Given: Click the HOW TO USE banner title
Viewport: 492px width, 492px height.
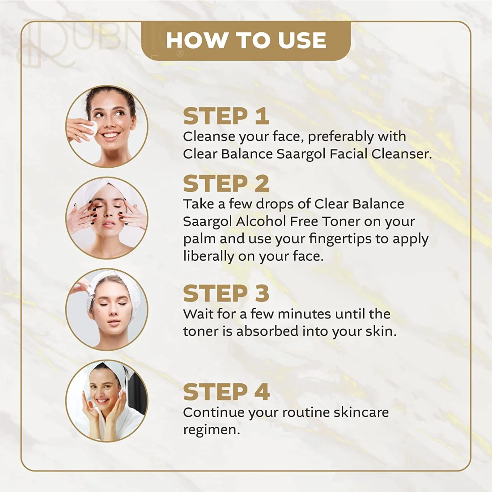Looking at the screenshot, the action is pos(246,40).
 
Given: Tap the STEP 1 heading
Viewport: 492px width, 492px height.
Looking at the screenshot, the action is pos(226,116).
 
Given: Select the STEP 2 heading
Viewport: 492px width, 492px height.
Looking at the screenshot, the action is pos(226,183).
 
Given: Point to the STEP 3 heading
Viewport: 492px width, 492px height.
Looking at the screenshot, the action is pos(226,293).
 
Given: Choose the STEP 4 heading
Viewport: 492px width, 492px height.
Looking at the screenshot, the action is pos(226,392).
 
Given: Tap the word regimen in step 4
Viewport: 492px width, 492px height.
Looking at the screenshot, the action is pos(212,430).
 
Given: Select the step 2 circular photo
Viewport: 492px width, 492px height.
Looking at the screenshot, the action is pos(107,218).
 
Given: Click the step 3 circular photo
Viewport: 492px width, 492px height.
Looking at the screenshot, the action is pos(107,310).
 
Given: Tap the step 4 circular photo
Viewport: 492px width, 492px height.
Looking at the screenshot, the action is pos(107,401).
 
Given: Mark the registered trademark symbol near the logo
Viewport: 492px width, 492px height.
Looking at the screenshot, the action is pos(180,54).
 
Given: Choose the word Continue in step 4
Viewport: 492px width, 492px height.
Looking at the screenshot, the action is pos(214,412).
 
